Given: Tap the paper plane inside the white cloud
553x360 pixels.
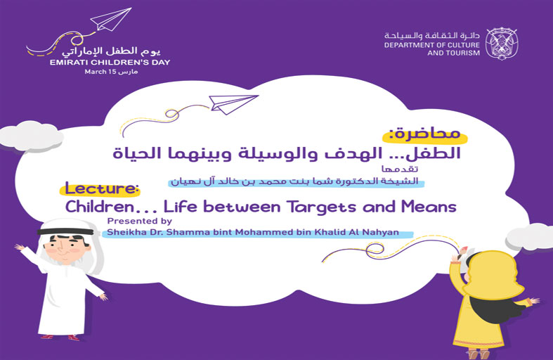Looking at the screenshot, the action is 233,104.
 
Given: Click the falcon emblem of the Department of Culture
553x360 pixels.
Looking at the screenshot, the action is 502,44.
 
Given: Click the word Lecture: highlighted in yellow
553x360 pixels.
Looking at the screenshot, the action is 100,189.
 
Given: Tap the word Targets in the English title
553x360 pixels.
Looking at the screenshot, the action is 322,207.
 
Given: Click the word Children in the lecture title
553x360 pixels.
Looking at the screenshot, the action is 100,207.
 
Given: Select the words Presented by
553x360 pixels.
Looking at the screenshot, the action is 139,221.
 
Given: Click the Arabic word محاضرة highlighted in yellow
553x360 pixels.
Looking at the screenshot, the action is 425,134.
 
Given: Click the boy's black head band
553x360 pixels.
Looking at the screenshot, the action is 65,232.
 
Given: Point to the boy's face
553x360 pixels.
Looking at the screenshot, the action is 66,248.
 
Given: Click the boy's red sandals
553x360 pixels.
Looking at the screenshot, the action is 60,337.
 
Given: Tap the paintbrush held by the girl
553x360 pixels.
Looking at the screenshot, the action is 461,253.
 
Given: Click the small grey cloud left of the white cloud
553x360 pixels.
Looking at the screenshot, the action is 30,136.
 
